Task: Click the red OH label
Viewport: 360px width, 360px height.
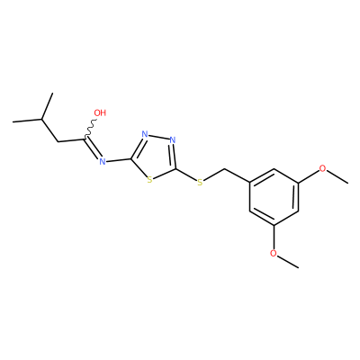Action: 100,112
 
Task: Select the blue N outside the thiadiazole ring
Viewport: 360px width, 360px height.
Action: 103,162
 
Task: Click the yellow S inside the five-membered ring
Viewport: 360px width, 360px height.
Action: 149,180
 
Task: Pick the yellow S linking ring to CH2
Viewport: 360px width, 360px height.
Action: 200,182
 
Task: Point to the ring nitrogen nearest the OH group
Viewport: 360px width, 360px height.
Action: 145,134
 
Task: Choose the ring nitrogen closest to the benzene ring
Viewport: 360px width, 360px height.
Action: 172,139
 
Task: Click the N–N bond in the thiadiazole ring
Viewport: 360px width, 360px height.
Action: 158,137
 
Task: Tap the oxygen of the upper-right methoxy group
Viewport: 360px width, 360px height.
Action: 322,168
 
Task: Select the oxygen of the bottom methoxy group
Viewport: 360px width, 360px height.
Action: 273,253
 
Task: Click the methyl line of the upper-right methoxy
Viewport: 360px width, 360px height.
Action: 337,176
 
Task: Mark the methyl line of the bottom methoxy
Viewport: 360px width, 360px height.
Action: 288,261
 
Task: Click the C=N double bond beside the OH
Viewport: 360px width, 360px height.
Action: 91,148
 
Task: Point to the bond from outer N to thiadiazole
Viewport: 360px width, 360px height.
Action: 119,160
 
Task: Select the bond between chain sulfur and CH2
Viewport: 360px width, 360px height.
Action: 214,175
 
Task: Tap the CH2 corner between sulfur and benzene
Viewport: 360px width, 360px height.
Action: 225,169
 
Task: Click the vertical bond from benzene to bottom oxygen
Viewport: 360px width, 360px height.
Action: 274,237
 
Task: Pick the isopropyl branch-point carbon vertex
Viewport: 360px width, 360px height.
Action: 41,120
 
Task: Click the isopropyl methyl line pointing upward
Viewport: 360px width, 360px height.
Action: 48,106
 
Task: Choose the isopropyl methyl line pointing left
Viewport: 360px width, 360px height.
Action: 27,121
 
